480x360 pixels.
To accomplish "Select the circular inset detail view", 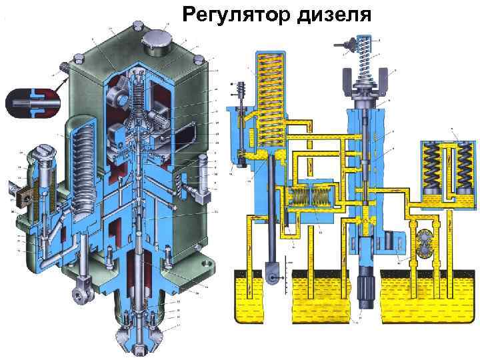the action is (32, 104).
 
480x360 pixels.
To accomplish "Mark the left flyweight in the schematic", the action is (347, 79).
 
